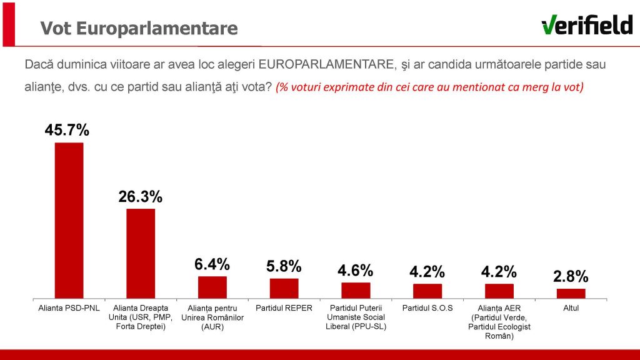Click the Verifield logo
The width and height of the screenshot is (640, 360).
pyautogui.click(x=587, y=26)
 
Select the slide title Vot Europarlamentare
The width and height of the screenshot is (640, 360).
pyautogui.click(x=139, y=29)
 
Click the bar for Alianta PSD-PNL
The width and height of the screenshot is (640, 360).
pyautogui.click(x=69, y=220)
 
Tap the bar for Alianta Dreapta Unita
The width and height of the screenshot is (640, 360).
pyautogui.click(x=141, y=253)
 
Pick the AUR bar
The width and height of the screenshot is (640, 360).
pyautogui.click(x=212, y=287)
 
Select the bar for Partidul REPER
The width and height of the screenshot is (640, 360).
pyautogui.click(x=284, y=288)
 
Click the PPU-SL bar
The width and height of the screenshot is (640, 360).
pyautogui.click(x=356, y=290)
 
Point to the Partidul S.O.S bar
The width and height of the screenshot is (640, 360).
pyautogui.click(x=427, y=291)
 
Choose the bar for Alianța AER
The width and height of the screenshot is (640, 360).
pyautogui.click(x=499, y=291)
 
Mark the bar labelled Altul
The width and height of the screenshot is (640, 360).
pyautogui.click(x=571, y=293)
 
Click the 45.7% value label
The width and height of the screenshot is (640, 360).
pyautogui.click(x=67, y=130)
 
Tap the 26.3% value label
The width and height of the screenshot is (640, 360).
pyautogui.click(x=141, y=197)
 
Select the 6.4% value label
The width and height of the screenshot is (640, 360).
pyautogui.click(x=212, y=264)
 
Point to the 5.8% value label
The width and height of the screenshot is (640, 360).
pyautogui.click(x=284, y=266)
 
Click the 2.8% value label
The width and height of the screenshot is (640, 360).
pyautogui.click(x=571, y=276)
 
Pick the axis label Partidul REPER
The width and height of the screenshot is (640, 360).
pyautogui.click(x=284, y=308)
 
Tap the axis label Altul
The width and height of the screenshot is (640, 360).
pyautogui.click(x=571, y=308)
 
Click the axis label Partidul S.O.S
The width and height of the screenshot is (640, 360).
pyautogui.click(x=427, y=308)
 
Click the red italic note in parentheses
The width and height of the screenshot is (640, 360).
pyautogui.click(x=429, y=87)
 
